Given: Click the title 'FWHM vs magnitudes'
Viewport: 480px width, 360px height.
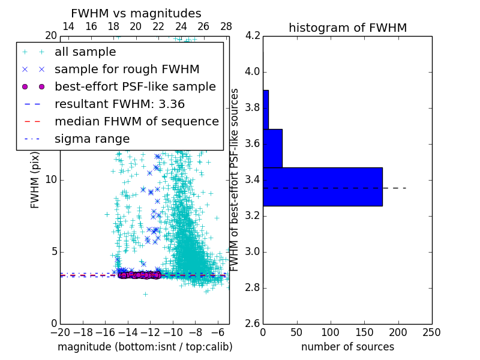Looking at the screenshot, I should click(x=136, y=13).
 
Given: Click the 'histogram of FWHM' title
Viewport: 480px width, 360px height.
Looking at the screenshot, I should click(x=347, y=28).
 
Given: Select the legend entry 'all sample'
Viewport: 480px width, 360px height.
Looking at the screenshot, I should click(x=85, y=52).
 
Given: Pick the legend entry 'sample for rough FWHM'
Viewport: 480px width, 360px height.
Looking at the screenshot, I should click(x=127, y=70).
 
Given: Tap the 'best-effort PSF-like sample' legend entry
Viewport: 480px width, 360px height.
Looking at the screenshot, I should click(x=135, y=86).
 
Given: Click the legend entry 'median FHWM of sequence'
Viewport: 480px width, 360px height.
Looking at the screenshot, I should click(x=136, y=121).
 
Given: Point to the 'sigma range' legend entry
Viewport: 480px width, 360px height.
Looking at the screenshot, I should click(x=92, y=139).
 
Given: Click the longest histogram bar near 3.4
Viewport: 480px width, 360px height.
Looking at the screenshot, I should click(x=322, y=187).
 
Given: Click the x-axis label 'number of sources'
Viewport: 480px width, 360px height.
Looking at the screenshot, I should click(x=347, y=347).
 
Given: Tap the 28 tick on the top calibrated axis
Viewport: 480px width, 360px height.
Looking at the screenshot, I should click(x=226, y=26).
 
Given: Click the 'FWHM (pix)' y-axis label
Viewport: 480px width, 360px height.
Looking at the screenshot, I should click(x=35, y=179).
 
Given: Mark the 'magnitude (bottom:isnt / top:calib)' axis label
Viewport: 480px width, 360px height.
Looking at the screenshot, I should click(x=145, y=347).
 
